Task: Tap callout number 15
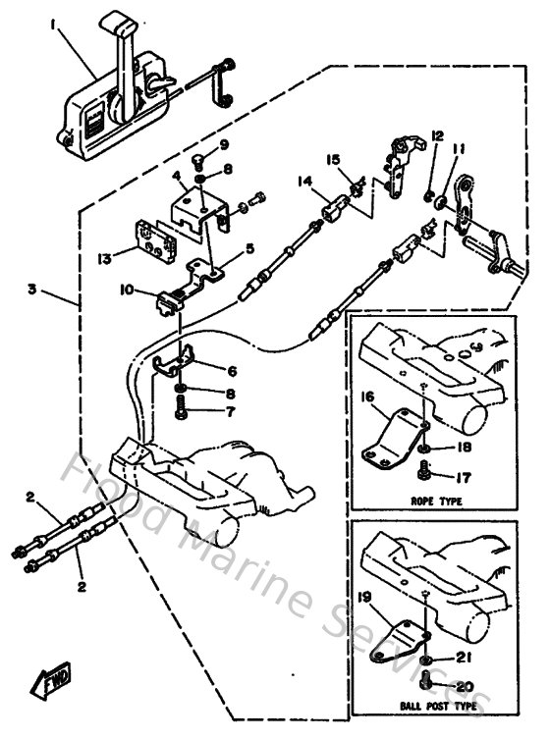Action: (x=334, y=159)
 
